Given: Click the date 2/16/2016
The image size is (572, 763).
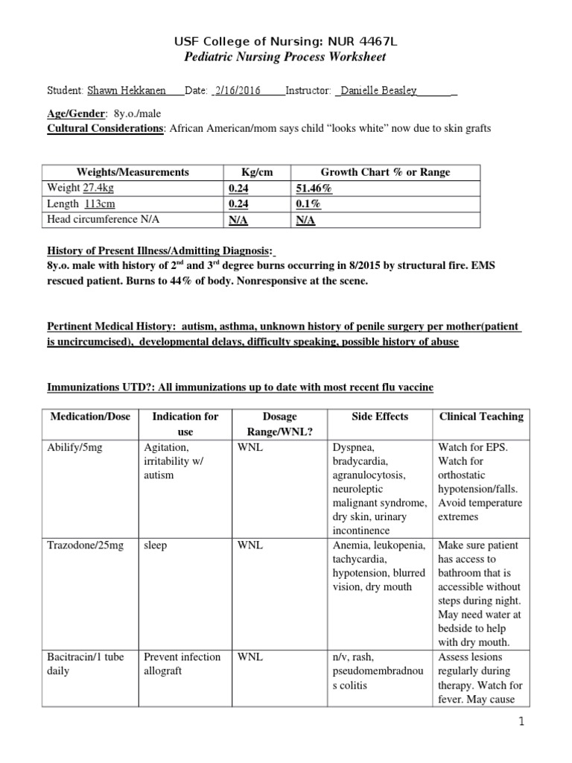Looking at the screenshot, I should pyautogui.click(x=238, y=90).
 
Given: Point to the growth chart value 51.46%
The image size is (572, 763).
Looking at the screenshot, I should pyautogui.click(x=314, y=189).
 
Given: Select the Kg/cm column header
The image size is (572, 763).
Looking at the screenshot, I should pyautogui.click(x=257, y=172).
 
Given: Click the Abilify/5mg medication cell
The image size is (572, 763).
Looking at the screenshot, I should pyautogui.click(x=75, y=449).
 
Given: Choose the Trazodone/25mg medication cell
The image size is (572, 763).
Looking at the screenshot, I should pyautogui.click(x=83, y=545).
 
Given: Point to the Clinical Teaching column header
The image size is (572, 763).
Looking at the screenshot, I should pyautogui.click(x=481, y=417).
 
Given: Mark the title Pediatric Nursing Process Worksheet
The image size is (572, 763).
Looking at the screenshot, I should pyautogui.click(x=285, y=57).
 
